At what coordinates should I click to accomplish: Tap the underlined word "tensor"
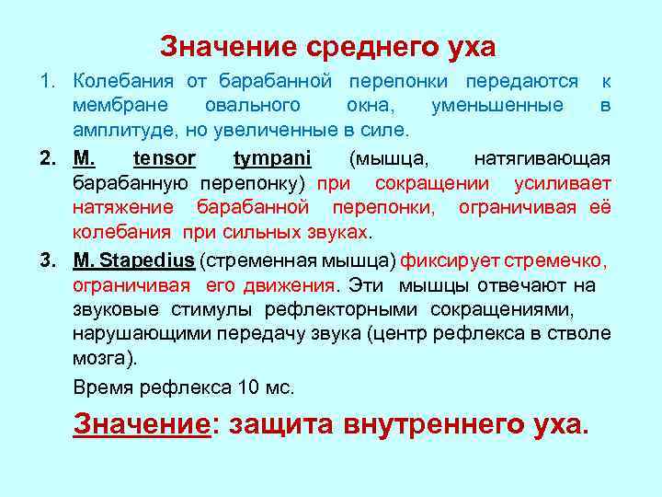click(x=165, y=158)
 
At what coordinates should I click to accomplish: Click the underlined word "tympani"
click(x=272, y=158)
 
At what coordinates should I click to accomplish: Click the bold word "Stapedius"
click(x=148, y=260)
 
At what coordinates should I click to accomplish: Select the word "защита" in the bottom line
click(x=276, y=426)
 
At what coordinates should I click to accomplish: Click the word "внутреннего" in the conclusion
click(x=423, y=426)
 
